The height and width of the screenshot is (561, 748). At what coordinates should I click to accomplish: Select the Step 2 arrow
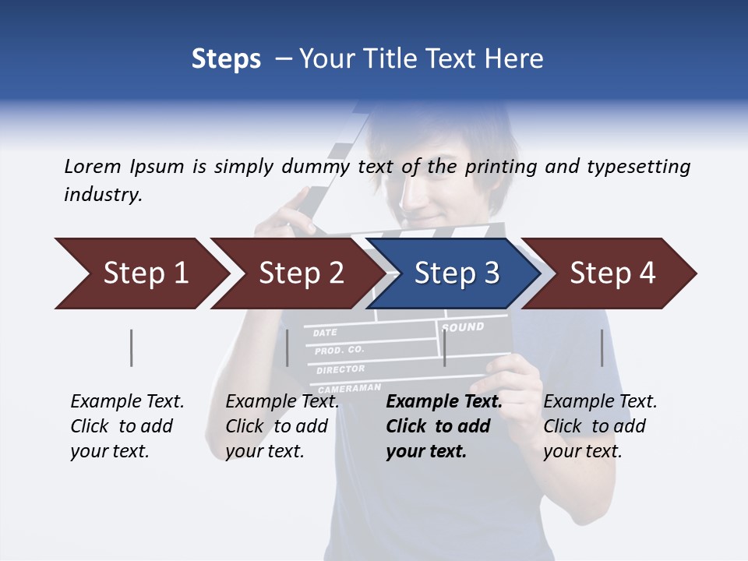coord(300,273)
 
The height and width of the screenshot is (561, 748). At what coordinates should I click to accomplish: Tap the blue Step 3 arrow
coord(456,273)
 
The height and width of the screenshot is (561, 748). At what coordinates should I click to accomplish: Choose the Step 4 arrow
coord(612,273)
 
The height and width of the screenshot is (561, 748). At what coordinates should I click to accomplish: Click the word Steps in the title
coord(226,58)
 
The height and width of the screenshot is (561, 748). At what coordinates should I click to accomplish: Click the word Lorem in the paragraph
coord(93,166)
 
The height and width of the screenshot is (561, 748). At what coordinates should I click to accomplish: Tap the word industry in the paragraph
coord(103,194)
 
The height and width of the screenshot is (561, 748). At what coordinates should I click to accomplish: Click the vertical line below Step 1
coord(131,348)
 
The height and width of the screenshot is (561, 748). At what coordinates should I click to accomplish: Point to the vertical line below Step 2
coord(288,348)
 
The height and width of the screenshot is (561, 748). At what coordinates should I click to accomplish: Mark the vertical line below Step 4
coord(602,348)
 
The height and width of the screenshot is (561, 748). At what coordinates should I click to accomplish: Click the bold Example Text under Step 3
coord(444,402)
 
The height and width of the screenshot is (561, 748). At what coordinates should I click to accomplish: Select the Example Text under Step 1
coord(127,402)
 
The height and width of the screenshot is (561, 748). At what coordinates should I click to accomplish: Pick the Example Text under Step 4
coord(600,402)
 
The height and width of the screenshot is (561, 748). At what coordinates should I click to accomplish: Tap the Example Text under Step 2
coord(282,402)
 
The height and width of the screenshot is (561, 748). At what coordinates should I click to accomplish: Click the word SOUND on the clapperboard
coord(464,327)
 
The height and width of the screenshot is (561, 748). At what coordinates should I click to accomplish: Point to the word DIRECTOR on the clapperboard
coord(340,369)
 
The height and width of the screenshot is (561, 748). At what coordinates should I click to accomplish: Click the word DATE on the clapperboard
coord(325,333)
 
